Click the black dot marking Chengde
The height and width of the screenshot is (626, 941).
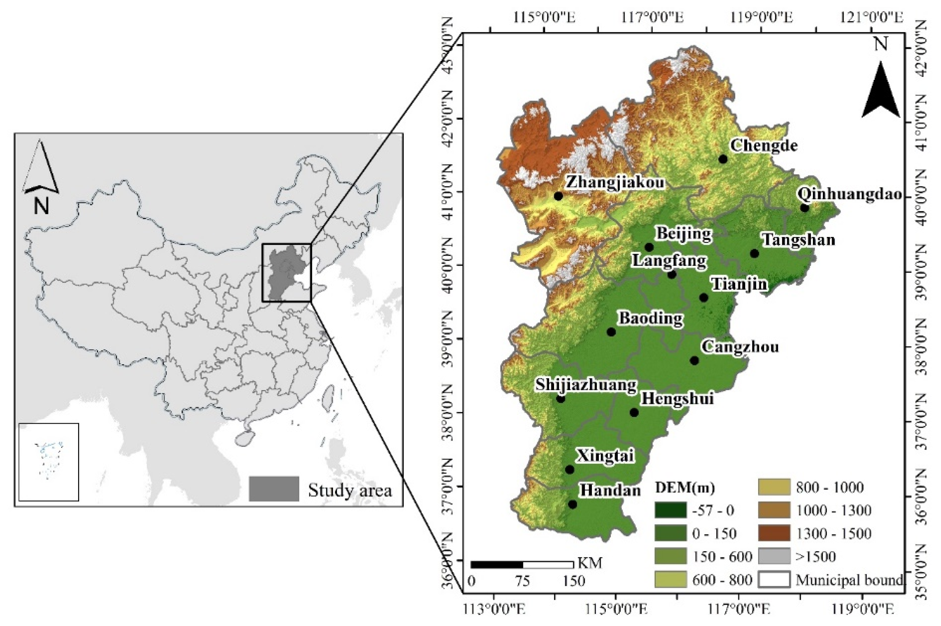[723, 159]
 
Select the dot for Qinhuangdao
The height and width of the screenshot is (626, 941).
[804, 208]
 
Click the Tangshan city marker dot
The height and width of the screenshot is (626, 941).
[755, 253]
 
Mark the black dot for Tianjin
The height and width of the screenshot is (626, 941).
[704, 298]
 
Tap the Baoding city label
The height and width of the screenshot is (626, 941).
[651, 319]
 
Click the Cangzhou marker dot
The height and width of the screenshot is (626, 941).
[694, 361]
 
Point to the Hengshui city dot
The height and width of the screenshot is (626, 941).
[634, 412]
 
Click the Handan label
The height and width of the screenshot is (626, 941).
[610, 490]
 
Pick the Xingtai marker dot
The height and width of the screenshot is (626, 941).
[570, 470]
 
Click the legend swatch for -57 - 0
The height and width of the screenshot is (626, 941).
[671, 510]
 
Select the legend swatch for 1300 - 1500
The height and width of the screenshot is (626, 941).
[774, 533]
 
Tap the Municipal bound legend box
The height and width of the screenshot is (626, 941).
[774, 580]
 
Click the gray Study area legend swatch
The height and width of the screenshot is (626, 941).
[274, 489]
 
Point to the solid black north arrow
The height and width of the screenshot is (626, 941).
[881, 91]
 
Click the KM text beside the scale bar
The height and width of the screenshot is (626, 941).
[590, 563]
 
